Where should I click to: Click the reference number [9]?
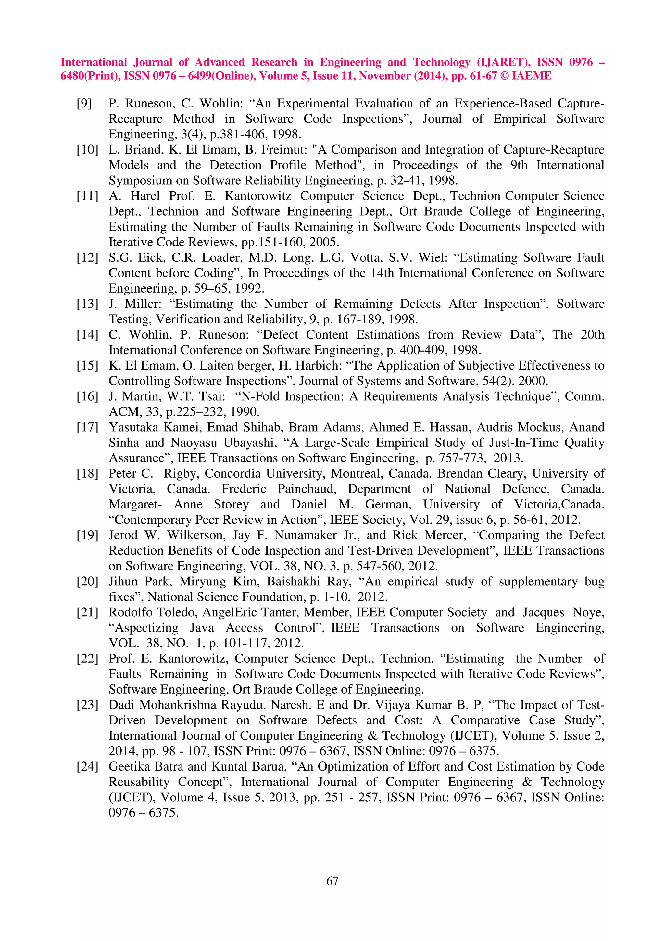[x=84, y=103]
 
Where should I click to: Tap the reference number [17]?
[x=87, y=427]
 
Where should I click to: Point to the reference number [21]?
[x=87, y=613]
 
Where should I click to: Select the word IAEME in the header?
[x=532, y=76]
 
